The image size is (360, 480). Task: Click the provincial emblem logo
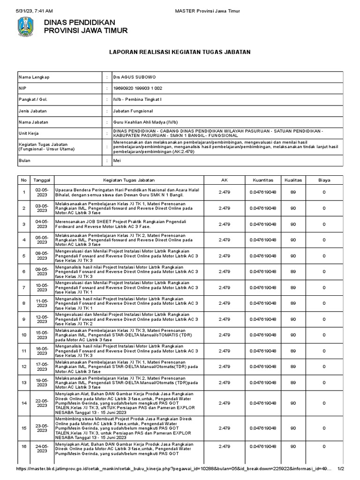pyautogui.click(x=25, y=27)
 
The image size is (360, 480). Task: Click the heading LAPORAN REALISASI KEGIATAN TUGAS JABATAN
pyautogui.click(x=180, y=52)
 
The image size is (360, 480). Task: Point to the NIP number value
pyautogui.click(x=138, y=88)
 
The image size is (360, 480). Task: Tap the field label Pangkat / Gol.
pyautogui.click(x=34, y=99)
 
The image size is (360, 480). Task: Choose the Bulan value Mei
pyautogui.click(x=117, y=160)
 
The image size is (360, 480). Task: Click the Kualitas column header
pyautogui.click(x=292, y=180)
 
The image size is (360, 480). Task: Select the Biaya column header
pyautogui.click(x=324, y=180)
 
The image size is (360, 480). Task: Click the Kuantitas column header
pyautogui.click(x=262, y=180)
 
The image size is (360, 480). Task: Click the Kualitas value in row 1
pyautogui.click(x=292, y=192)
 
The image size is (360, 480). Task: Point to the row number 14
pyautogui.click(x=24, y=403)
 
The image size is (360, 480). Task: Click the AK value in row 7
pyautogui.click(x=224, y=287)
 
